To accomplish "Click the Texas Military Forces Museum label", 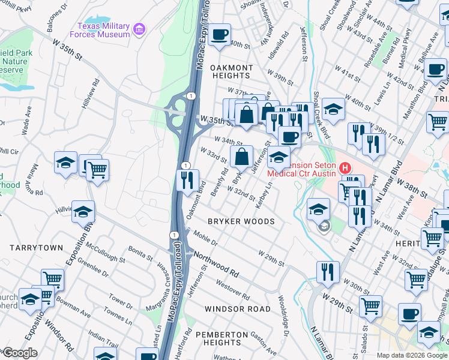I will pyautogui.click(x=103, y=31).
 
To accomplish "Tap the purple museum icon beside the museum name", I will pyautogui.click(x=139, y=28).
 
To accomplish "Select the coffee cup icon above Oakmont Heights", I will pyautogui.click(x=220, y=35).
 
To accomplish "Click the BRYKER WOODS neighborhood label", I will pyautogui.click(x=241, y=221).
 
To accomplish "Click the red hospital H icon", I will pyautogui.click(x=345, y=168).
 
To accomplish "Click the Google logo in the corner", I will pyautogui.click(x=19, y=353).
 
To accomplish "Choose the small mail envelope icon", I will pyautogui.click(x=324, y=226).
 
